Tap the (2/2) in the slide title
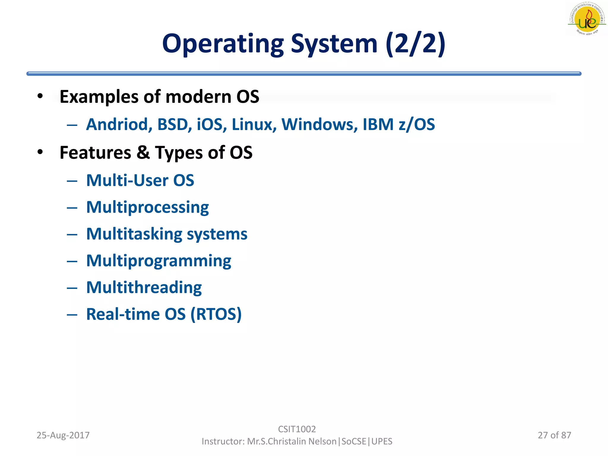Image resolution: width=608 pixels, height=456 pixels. pos(416,44)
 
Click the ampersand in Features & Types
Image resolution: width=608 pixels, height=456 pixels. pos(143,153)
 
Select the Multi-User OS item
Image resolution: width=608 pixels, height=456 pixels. pos(140,180)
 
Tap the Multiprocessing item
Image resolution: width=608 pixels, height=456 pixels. pos(148,207)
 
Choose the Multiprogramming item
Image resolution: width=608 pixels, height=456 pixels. pos(159,261)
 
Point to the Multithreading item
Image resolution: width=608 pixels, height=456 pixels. pos(144,287)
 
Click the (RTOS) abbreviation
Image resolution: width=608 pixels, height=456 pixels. pos(216,314)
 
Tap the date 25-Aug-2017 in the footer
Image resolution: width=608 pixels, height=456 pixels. pos(63,435)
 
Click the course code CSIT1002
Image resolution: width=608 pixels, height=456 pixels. pos(297,429)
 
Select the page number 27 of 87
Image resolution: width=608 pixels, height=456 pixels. pos(554,435)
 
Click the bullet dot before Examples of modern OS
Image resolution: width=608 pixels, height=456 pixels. pos(40,96)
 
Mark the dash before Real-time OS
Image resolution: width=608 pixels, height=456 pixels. pos(72,314)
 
